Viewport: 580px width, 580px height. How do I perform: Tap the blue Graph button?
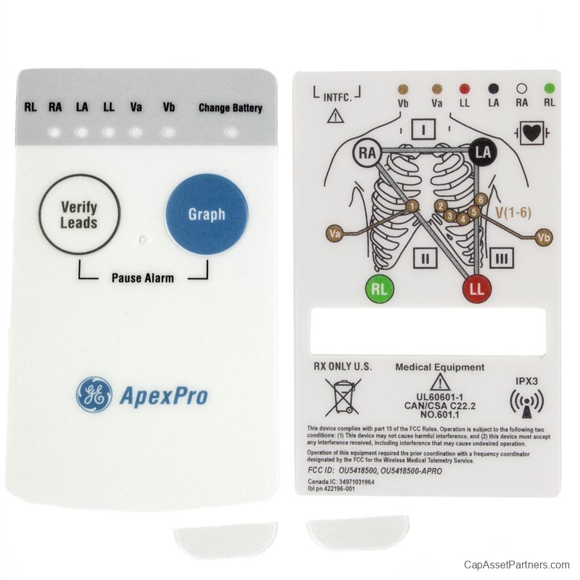(x=207, y=214)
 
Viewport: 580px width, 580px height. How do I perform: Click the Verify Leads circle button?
(x=79, y=215)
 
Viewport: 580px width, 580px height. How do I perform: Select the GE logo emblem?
(x=94, y=394)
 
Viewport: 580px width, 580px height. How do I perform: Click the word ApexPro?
(x=164, y=396)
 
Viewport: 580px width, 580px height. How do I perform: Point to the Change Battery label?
(x=231, y=108)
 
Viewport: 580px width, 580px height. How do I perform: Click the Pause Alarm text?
(x=143, y=278)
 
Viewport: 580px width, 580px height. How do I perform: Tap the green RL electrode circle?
(x=380, y=289)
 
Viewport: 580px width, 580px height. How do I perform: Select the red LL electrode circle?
(x=477, y=289)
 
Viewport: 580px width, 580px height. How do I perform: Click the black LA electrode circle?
(x=483, y=152)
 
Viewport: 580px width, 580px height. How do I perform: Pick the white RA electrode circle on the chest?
(x=367, y=153)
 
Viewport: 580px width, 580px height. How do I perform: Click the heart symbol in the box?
(x=532, y=133)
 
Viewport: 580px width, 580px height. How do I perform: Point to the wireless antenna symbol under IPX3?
(x=527, y=403)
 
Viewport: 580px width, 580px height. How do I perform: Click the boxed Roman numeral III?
(x=501, y=258)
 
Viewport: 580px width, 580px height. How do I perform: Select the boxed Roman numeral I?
(x=423, y=130)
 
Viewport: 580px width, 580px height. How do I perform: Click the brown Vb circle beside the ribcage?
(x=544, y=237)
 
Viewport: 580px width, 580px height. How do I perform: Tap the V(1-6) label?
(x=513, y=213)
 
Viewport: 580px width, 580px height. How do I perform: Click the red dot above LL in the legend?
(x=464, y=89)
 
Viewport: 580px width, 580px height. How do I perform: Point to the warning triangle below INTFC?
(x=336, y=115)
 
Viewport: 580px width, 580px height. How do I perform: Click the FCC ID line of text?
(x=374, y=471)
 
